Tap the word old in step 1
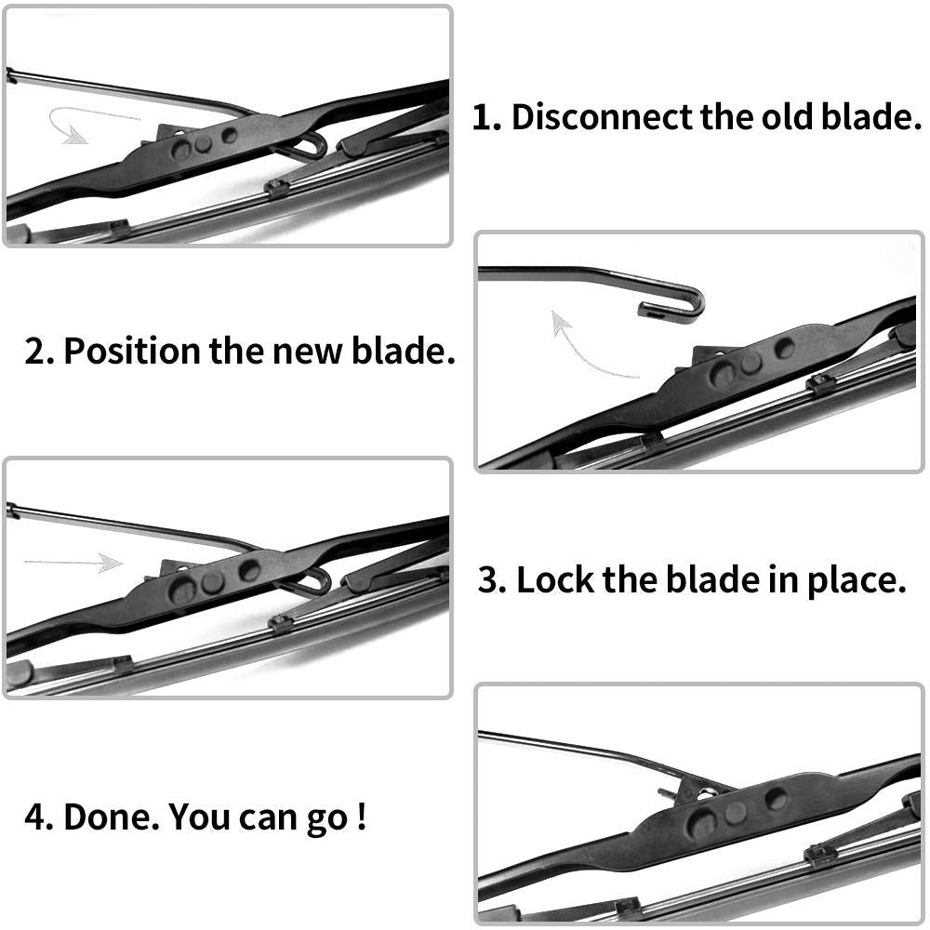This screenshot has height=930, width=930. tap(788, 116)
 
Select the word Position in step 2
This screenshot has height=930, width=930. tap(132, 352)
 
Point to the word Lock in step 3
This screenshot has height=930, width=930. tap(555, 579)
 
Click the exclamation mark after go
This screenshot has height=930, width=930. tap(362, 817)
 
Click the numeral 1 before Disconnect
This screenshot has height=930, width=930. tap(483, 117)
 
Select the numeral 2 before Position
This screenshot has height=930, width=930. tap(36, 352)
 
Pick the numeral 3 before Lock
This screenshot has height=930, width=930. tap(489, 580)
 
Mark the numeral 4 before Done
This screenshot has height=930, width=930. tap(35, 817)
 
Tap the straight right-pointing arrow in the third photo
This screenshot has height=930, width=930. tap(73, 563)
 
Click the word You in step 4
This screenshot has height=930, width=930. tap(199, 817)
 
